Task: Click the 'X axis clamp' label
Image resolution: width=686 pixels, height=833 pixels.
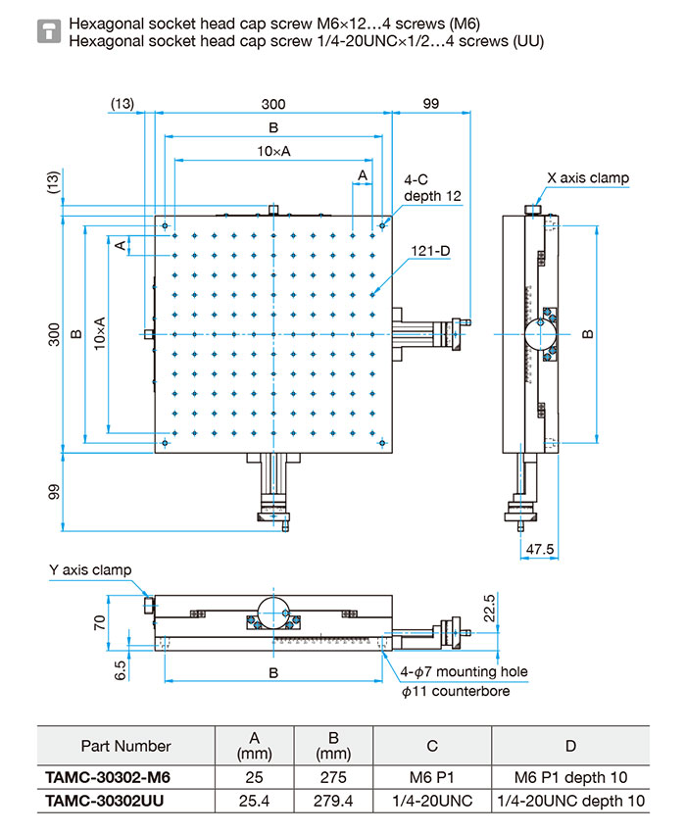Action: point(587,178)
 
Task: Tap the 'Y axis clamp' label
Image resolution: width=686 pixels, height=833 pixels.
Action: point(90,570)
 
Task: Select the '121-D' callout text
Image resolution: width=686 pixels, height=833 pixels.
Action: point(431,251)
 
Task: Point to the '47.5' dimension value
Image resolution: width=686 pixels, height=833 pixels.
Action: point(540,549)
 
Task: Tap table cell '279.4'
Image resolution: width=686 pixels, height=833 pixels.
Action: point(333,801)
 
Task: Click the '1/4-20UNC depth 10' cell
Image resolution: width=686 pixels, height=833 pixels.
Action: point(571,801)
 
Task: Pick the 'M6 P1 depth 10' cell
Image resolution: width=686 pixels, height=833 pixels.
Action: point(571,777)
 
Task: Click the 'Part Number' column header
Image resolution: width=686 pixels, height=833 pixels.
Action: point(125,746)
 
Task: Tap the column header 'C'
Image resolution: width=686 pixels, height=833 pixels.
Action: point(432,746)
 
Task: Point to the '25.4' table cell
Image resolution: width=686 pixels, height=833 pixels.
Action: point(255,801)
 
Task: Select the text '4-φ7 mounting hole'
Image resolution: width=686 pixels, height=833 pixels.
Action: point(464,672)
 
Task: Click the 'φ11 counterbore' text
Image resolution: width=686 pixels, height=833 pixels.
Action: point(456,691)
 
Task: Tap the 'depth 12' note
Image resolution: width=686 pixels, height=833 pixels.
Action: point(432,196)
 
